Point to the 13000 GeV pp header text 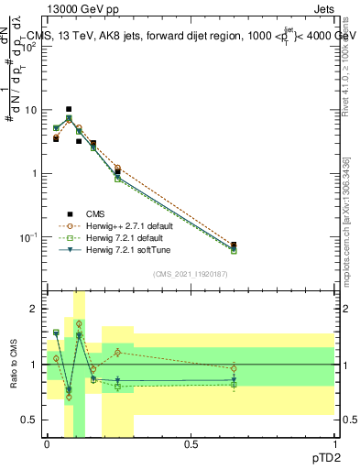[x=80, y=8]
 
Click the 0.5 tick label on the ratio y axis [x=32, y=420]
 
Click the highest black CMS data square [x=69, y=109]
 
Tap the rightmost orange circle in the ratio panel [x=234, y=369]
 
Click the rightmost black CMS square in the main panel [x=234, y=245]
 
